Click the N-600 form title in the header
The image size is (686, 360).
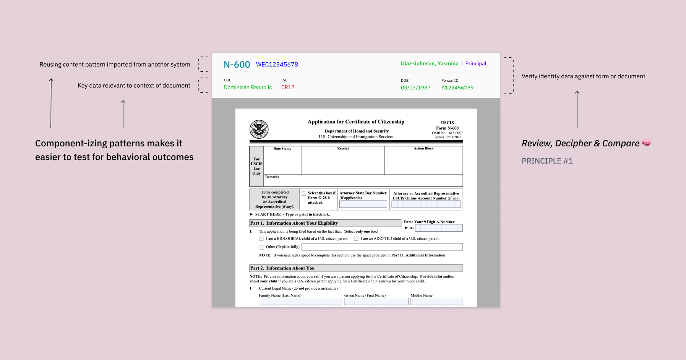point(237,65)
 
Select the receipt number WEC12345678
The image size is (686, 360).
point(277,65)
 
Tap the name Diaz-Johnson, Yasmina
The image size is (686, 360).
point(430,64)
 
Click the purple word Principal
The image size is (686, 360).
point(476,64)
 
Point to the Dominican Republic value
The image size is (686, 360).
point(248,88)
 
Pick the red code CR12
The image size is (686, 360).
point(288,88)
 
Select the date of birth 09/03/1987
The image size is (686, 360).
point(415,88)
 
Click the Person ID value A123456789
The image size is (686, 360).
point(457,88)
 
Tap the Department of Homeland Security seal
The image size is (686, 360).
point(259,129)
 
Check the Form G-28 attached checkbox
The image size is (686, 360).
point(304,193)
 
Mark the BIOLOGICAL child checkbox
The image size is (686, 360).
point(261,239)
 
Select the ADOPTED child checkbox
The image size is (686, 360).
point(356,239)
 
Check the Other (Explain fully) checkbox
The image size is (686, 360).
point(262,247)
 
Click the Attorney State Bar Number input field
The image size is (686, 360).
point(363,204)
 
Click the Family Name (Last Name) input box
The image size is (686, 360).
point(300,302)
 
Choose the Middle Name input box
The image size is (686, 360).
point(436,302)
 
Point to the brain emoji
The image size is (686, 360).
point(646,143)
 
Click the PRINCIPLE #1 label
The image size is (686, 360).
point(547,161)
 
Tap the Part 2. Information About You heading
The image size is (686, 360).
point(282,268)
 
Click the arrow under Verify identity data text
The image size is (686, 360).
point(577,110)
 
